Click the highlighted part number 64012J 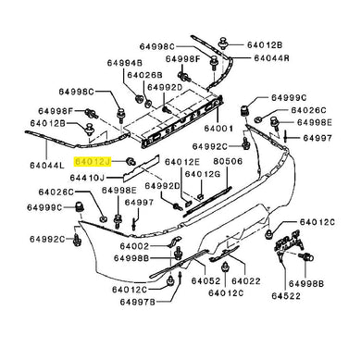[x=93, y=161]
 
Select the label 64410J [x=87, y=178]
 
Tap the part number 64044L [x=47, y=166]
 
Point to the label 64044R [x=272, y=57]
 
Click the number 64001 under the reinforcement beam [x=218, y=128]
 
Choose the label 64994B [x=125, y=63]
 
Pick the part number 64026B [x=144, y=75]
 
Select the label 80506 [x=228, y=161]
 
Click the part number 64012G [x=203, y=174]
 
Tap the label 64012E [x=182, y=162]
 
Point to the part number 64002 [x=134, y=246]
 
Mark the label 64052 [x=205, y=281]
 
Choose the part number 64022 [x=246, y=281]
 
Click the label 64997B [x=138, y=302]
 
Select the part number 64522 [x=286, y=296]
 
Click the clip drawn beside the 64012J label [x=131, y=161]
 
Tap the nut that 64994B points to [x=140, y=99]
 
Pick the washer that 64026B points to [x=148, y=103]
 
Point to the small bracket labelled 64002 [x=175, y=242]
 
